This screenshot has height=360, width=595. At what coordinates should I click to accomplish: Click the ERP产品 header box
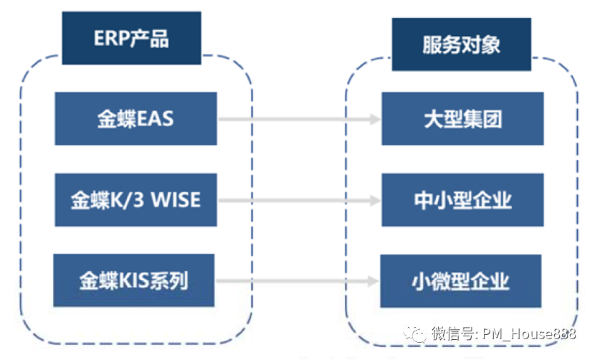tap(131, 39)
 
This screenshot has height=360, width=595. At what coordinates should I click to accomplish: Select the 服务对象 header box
tap(461, 44)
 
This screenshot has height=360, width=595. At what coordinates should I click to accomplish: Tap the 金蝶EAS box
tap(135, 118)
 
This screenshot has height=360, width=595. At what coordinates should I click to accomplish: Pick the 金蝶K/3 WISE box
tap(135, 199)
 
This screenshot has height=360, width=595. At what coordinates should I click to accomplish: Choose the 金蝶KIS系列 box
tap(134, 280)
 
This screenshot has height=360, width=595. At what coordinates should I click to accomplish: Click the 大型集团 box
tap(461, 118)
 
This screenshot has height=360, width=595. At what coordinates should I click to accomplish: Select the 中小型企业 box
tap(462, 199)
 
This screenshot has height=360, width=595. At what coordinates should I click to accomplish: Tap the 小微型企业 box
tap(461, 280)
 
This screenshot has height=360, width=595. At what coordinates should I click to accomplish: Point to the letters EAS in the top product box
tap(154, 118)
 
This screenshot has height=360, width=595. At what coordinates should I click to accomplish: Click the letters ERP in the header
tap(110, 39)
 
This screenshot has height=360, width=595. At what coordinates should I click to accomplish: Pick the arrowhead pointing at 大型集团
tap(374, 119)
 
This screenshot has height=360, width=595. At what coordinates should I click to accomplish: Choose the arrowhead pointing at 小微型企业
tap(374, 280)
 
